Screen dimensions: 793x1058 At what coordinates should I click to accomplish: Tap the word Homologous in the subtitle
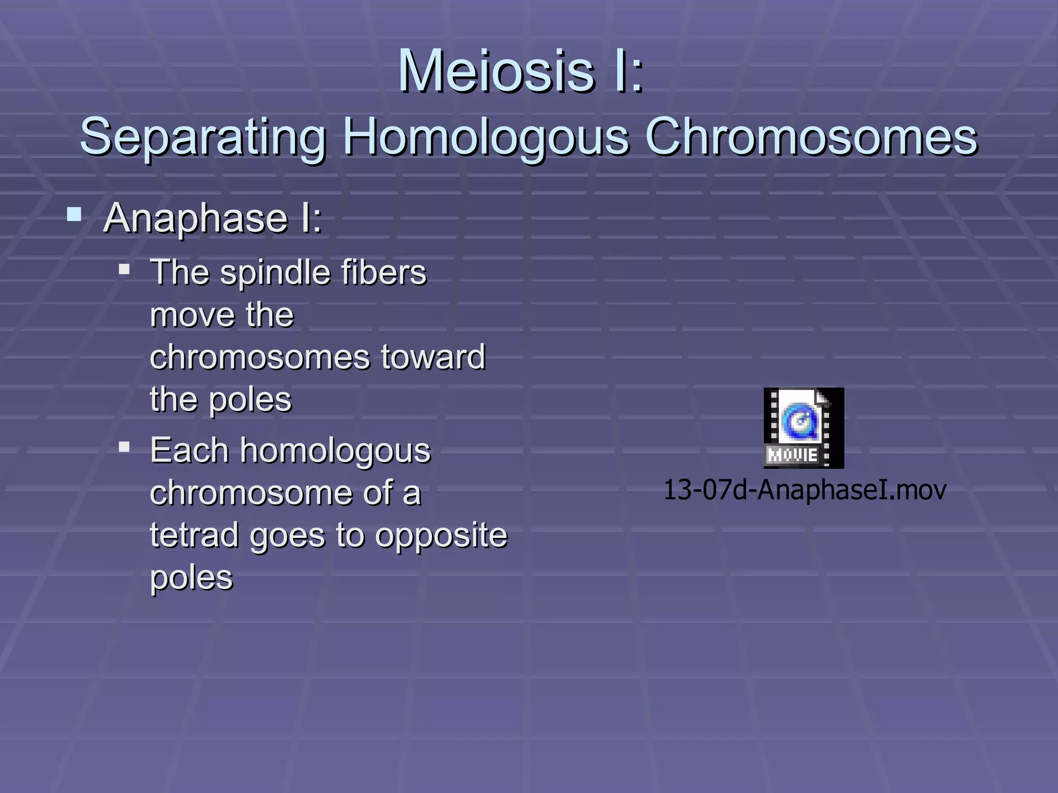point(486,137)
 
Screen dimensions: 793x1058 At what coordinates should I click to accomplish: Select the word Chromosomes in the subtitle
point(811,137)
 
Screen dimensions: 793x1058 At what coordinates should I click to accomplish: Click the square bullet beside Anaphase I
point(74,214)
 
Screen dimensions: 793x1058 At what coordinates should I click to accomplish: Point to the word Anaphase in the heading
point(195,218)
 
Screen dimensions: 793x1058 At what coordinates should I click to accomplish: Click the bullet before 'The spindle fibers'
point(124,269)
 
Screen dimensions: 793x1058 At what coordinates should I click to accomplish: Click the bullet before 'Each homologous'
point(124,447)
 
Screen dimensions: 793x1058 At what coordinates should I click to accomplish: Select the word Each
point(189,450)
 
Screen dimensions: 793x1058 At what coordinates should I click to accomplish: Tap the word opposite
point(441,536)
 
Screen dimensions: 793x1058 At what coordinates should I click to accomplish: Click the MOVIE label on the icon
point(792,455)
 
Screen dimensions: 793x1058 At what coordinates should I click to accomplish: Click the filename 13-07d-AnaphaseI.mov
point(804,489)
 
